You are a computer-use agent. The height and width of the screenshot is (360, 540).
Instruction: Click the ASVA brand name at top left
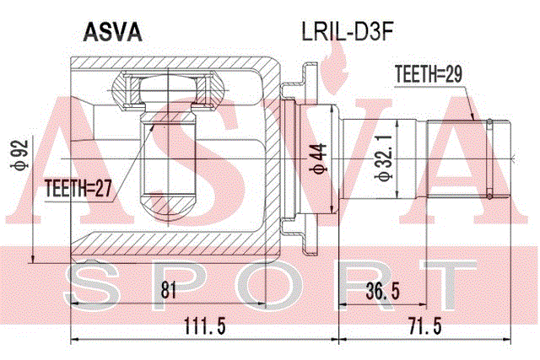pyautogui.click(x=112, y=33)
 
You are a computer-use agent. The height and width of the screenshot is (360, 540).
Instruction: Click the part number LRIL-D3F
pyautogui.click(x=347, y=31)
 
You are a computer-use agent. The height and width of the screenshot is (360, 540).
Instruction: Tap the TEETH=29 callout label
pyautogui.click(x=428, y=73)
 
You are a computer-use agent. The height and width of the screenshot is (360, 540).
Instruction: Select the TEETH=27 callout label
pyautogui.click(x=78, y=189)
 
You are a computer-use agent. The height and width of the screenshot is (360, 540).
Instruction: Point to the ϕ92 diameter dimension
pyautogui.click(x=20, y=154)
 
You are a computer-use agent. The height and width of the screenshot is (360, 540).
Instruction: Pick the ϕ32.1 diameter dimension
pyautogui.click(x=384, y=158)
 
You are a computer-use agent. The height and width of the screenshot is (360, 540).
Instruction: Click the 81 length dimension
pyautogui.click(x=169, y=289)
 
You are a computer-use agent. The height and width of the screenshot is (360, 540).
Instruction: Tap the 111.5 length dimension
pyautogui.click(x=205, y=325)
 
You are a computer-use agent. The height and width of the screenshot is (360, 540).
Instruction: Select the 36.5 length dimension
pyautogui.click(x=383, y=291)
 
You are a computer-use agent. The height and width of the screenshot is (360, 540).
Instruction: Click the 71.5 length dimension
pyautogui.click(x=425, y=325)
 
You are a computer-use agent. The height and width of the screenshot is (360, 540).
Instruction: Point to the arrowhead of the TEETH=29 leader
pyautogui.click(x=473, y=117)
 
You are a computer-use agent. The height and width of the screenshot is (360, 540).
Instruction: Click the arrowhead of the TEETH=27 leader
pyautogui.click(x=152, y=127)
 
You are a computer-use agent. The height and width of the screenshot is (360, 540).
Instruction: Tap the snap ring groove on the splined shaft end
pyautogui.click(x=489, y=159)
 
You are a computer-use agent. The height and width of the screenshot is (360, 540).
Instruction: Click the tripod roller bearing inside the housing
pyautogui.click(x=169, y=90)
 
